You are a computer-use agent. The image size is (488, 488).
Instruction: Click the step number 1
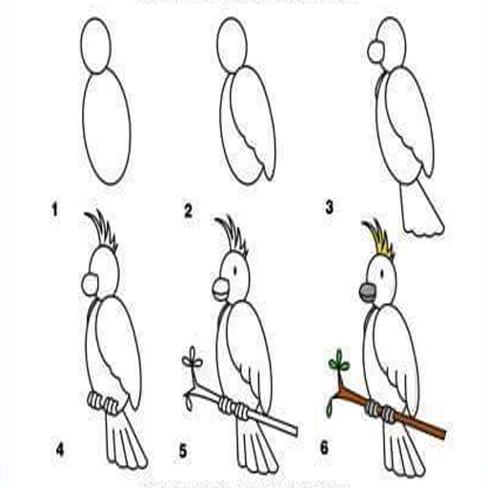[x=55, y=211]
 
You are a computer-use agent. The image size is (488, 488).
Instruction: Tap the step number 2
[x=189, y=211]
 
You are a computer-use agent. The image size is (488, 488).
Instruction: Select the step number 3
[x=329, y=207]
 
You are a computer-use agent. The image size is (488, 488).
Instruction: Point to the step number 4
[x=60, y=450]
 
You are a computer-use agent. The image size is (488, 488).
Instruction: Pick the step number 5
[x=183, y=451]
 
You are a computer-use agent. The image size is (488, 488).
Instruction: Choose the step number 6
[x=324, y=448]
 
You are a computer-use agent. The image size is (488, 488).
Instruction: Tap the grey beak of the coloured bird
[x=368, y=293]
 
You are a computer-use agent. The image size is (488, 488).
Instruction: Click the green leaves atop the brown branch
[x=339, y=361]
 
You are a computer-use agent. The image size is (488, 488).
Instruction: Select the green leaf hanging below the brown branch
[x=330, y=409]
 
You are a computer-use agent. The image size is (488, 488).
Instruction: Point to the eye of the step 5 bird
[x=235, y=271]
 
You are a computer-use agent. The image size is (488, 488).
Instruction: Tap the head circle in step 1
[x=95, y=46]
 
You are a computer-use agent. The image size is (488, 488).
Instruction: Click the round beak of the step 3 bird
[x=376, y=51]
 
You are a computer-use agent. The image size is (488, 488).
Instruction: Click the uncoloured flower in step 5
[x=193, y=360]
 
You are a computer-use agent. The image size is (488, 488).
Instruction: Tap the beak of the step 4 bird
[x=90, y=285]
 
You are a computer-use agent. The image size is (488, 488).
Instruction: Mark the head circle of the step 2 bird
[x=232, y=45]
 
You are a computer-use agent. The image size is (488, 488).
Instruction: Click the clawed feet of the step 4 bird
[x=103, y=402]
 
